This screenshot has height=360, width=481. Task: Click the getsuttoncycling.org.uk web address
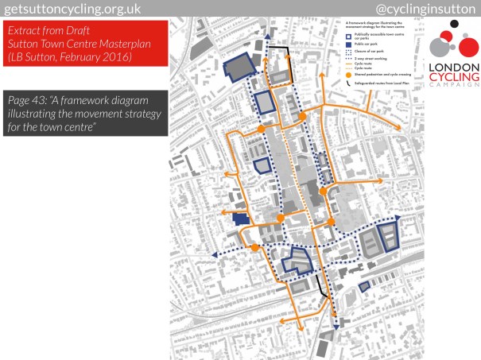76,8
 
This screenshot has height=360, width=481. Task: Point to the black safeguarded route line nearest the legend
283,56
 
